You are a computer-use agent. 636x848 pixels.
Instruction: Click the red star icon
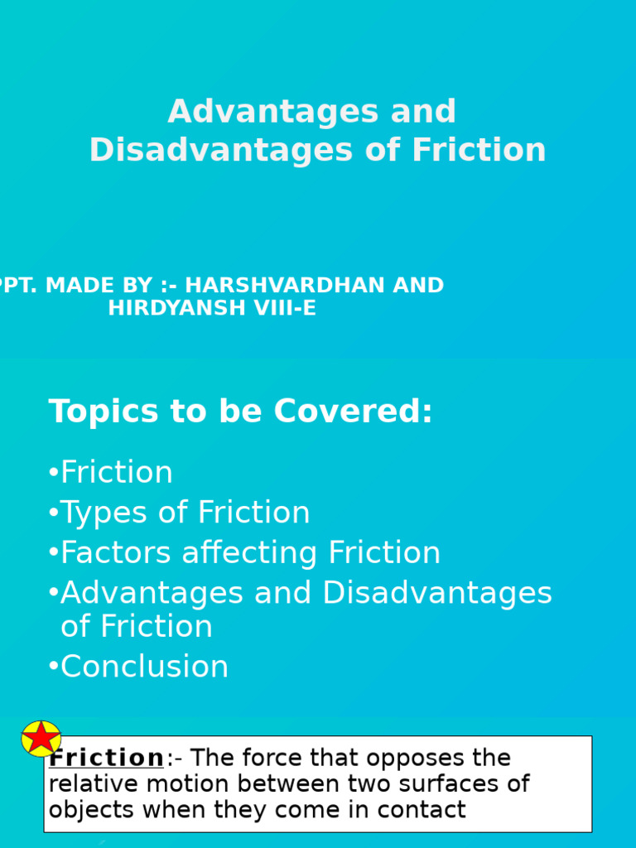coord(41,738)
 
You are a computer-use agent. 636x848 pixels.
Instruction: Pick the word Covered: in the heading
coord(354,412)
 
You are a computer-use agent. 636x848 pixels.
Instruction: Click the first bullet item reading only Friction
coord(117,473)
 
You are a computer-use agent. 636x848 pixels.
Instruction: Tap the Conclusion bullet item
coord(145,667)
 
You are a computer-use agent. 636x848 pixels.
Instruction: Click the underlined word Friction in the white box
coord(107,758)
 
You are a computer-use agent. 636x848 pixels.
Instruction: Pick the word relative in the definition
coord(83,783)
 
